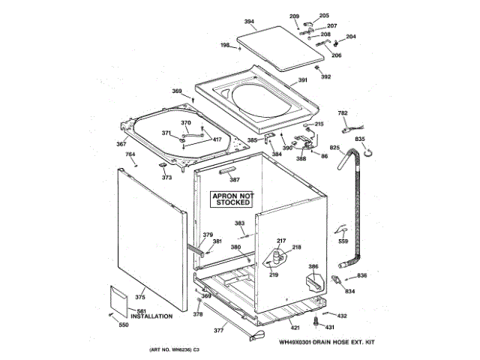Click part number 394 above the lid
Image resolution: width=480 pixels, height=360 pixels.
249,22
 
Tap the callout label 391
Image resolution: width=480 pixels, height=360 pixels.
303,80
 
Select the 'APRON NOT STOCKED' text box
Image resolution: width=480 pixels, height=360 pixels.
232,199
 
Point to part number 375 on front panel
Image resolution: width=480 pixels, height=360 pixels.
141,298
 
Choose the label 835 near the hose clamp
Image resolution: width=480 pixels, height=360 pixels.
360,139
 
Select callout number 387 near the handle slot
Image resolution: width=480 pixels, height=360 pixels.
235,180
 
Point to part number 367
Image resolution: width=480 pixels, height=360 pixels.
121,145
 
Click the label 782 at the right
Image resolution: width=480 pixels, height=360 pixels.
343,113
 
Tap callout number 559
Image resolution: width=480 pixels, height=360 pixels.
343,241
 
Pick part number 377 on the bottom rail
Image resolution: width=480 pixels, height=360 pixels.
219,330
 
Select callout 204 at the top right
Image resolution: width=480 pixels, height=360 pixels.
351,37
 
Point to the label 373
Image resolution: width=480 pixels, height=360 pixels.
166,178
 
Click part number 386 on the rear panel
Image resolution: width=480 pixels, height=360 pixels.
313,266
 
